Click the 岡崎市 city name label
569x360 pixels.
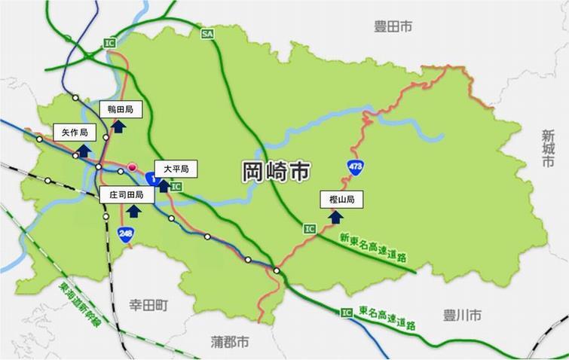275,172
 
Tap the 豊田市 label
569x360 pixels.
393,27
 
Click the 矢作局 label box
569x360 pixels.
75,133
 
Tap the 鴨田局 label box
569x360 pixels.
121,110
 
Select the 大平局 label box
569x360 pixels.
176,169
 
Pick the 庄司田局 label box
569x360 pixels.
127,194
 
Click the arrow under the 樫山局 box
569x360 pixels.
336,216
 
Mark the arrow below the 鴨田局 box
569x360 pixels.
119,126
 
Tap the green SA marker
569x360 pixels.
207,34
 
